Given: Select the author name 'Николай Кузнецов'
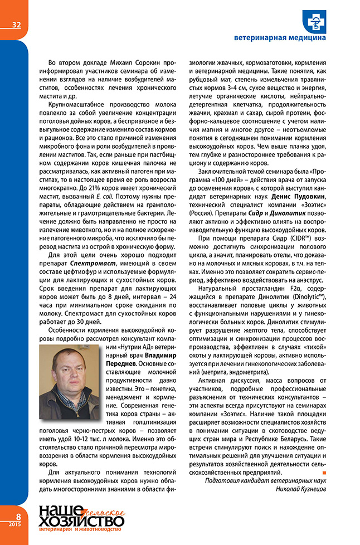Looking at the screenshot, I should tap(300, 489).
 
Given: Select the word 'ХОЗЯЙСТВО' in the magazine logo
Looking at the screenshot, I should tap(81, 522).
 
